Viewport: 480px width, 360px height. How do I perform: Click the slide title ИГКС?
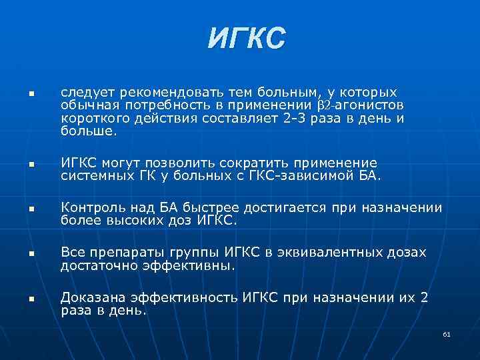click(x=246, y=38)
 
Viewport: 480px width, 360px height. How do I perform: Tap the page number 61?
click(x=446, y=334)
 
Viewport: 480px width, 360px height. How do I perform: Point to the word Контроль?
click(x=90, y=207)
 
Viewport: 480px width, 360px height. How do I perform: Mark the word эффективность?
click(x=180, y=297)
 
